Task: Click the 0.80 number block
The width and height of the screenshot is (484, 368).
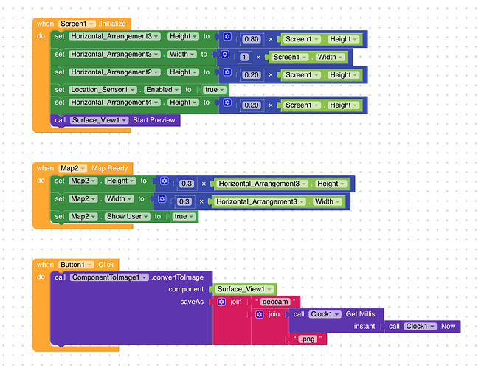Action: (252, 39)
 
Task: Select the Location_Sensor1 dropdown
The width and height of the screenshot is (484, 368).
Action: (103, 90)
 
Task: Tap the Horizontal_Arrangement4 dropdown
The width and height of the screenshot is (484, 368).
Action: (114, 102)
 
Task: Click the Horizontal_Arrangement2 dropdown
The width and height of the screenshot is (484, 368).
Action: (114, 72)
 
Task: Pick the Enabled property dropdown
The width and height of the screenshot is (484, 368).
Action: (162, 90)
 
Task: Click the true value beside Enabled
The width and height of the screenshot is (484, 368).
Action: (215, 90)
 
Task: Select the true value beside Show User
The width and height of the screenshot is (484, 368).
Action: (184, 217)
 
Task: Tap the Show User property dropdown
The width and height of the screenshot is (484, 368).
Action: (127, 217)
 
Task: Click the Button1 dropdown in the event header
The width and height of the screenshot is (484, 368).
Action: (76, 265)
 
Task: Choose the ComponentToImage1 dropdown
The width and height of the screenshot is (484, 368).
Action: (109, 277)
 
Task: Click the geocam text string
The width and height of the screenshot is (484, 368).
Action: (275, 302)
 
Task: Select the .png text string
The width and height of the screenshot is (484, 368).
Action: (308, 339)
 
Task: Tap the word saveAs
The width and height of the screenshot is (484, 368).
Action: (192, 302)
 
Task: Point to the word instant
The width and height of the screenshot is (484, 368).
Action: (364, 327)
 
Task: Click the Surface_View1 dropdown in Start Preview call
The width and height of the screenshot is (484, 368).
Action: (99, 120)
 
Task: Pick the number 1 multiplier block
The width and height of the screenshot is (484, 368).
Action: (244, 57)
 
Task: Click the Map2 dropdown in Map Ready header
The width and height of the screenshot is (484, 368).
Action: (72, 168)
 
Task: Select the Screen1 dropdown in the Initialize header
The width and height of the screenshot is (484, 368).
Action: (77, 24)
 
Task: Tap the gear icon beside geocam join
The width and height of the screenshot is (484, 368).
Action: (221, 302)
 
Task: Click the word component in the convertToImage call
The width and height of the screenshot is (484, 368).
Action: (186, 289)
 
